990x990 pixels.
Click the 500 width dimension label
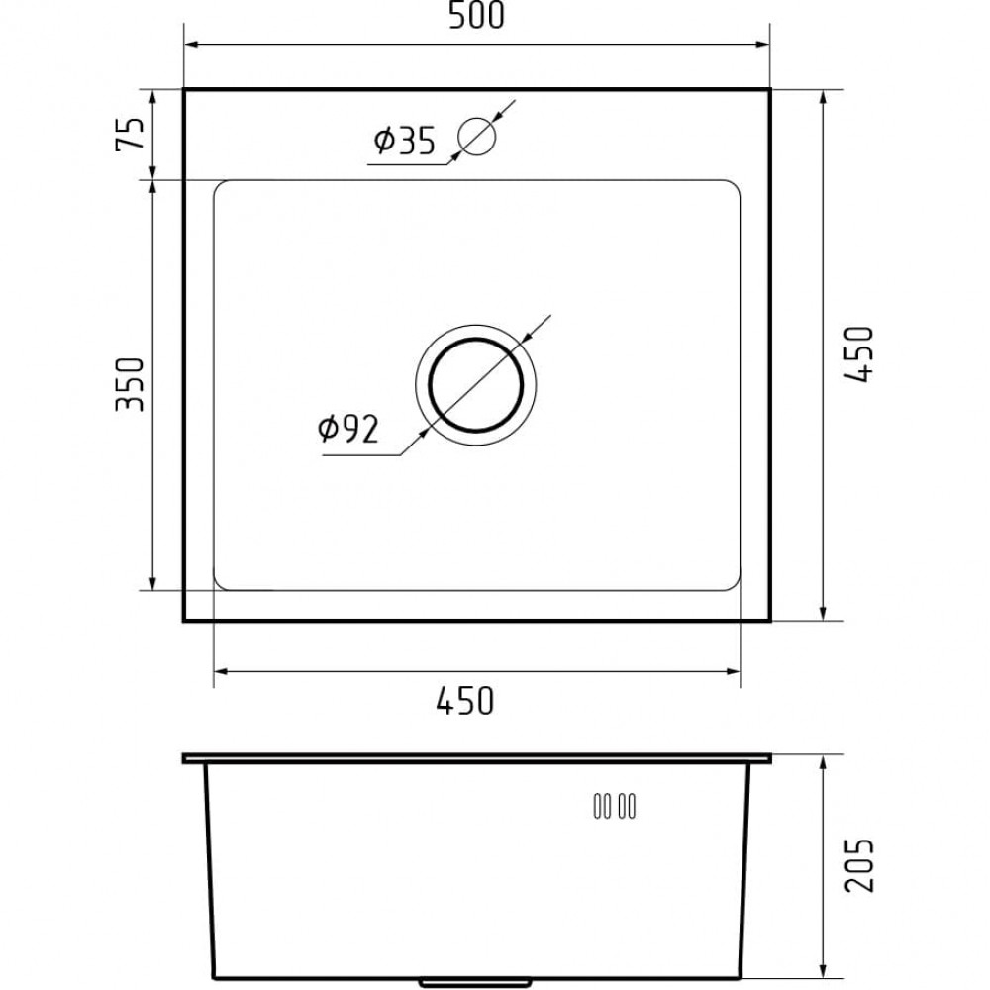point(478,17)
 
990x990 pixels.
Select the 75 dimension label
point(131,134)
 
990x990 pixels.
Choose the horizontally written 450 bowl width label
point(464,701)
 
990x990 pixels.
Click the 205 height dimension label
point(859,864)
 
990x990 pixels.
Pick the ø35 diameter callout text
point(404,143)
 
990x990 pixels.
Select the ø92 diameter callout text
point(348,428)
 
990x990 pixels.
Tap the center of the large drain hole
point(476,383)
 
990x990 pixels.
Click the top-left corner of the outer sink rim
point(185,90)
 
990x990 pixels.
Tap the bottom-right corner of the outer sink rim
point(769,621)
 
